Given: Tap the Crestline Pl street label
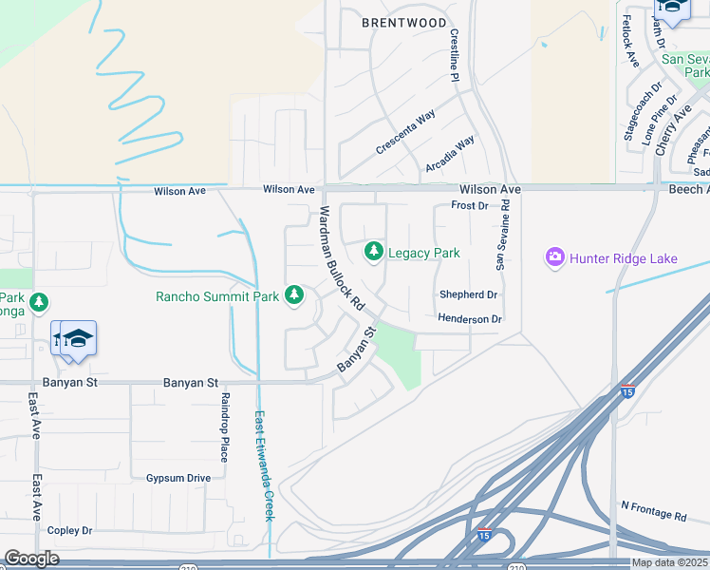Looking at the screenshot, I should [x=454, y=54].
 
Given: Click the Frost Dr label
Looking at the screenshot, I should [x=470, y=205].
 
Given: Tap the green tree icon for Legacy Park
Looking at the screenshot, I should [x=374, y=251].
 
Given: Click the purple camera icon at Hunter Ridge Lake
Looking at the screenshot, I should [x=555, y=256].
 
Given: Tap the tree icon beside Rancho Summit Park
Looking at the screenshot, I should [x=295, y=295].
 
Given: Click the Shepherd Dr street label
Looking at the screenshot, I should [x=468, y=294].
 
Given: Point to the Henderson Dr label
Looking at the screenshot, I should [x=469, y=319].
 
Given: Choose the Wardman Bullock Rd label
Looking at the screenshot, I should [x=341, y=259].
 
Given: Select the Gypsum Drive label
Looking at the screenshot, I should [x=178, y=478].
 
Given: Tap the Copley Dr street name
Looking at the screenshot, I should [x=69, y=530].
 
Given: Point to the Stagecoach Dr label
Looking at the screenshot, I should [x=642, y=117].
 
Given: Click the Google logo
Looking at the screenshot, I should [x=31, y=559].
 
